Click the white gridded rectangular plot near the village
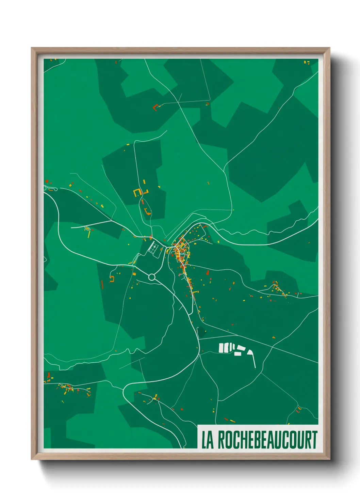click(x=154, y=247)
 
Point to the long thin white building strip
click(x=253, y=359)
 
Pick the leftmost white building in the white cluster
click(x=221, y=348)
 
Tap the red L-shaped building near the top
click(x=156, y=108)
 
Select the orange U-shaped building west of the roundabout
click(x=112, y=279)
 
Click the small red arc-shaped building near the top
click(x=207, y=104)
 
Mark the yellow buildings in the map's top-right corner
click(x=307, y=62)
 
